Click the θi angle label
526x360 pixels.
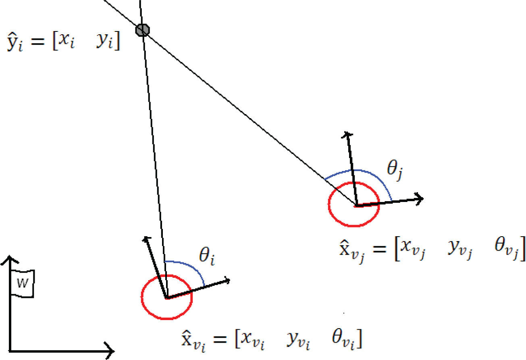(x=207, y=257)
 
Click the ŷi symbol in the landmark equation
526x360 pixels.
(x=15, y=44)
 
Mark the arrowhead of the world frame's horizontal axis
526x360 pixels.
(x=110, y=349)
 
